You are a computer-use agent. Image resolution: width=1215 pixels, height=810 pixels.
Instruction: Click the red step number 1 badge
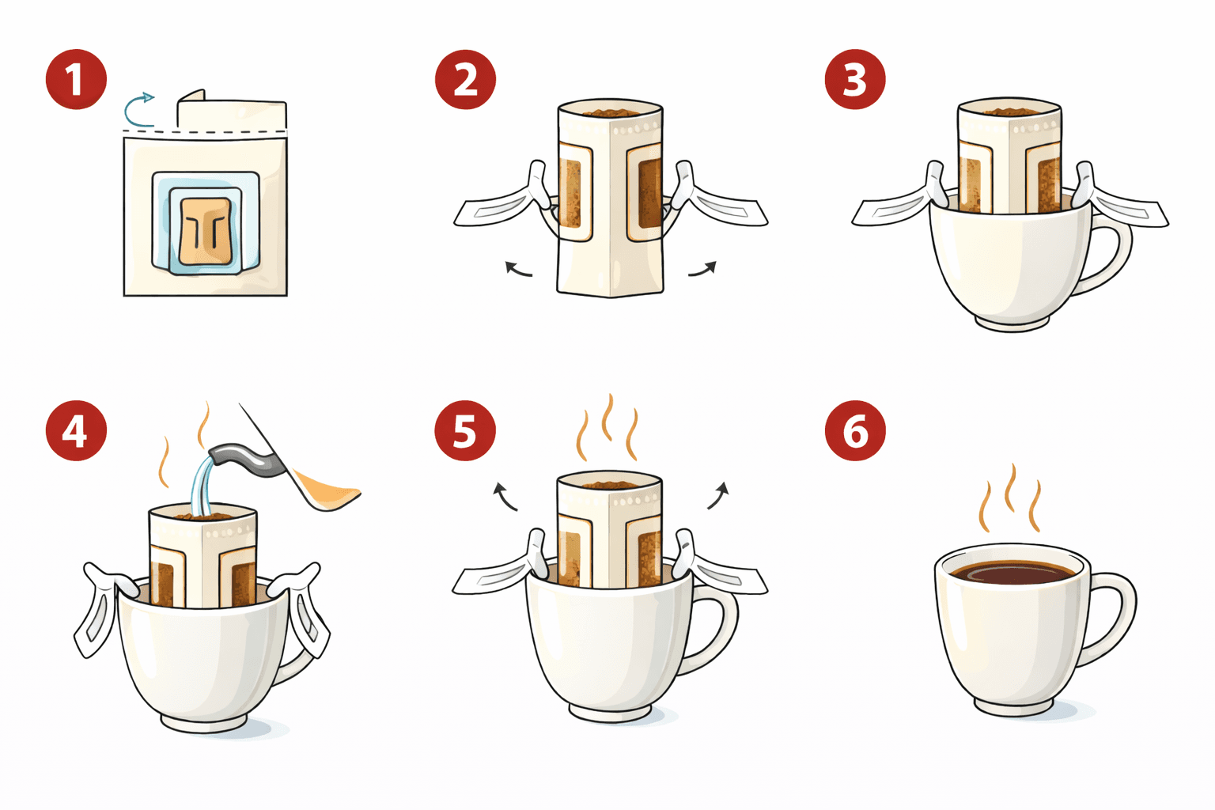(x=76, y=79)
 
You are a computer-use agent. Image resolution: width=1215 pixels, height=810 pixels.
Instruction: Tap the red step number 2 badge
(x=465, y=79)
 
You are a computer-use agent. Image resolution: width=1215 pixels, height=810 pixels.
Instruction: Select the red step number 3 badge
(x=855, y=79)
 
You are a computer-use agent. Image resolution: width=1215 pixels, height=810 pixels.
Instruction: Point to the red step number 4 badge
(x=76, y=431)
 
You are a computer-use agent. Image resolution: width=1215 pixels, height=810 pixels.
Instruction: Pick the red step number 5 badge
(x=465, y=431)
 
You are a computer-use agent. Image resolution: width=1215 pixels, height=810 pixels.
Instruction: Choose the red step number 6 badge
(x=855, y=431)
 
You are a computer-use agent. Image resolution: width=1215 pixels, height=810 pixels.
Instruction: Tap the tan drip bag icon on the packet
(x=205, y=229)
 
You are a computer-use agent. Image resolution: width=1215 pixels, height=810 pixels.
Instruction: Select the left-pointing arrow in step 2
(x=518, y=271)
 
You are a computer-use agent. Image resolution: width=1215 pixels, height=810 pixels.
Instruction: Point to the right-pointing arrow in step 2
(x=702, y=270)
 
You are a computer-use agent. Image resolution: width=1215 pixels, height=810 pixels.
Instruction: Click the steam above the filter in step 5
(x=607, y=427)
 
